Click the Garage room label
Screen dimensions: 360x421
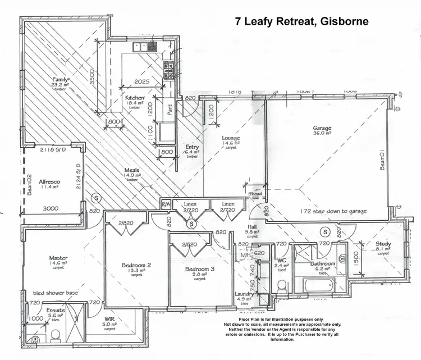pyautogui.click(x=322, y=128)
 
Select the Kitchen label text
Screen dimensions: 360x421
pyautogui.click(x=135, y=97)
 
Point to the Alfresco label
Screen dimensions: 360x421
pyautogui.click(x=49, y=183)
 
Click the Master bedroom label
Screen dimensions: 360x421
pyautogui.click(x=58, y=258)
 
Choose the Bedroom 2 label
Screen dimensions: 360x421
pyautogui.click(x=137, y=265)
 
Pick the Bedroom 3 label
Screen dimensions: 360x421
pyautogui.click(x=200, y=269)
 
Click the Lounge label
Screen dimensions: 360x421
pyautogui.click(x=231, y=138)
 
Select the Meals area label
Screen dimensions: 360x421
pyautogui.click(x=132, y=171)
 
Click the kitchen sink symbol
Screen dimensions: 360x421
pyautogui.click(x=139, y=47)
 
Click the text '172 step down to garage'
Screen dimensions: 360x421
pyautogui.click(x=333, y=211)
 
